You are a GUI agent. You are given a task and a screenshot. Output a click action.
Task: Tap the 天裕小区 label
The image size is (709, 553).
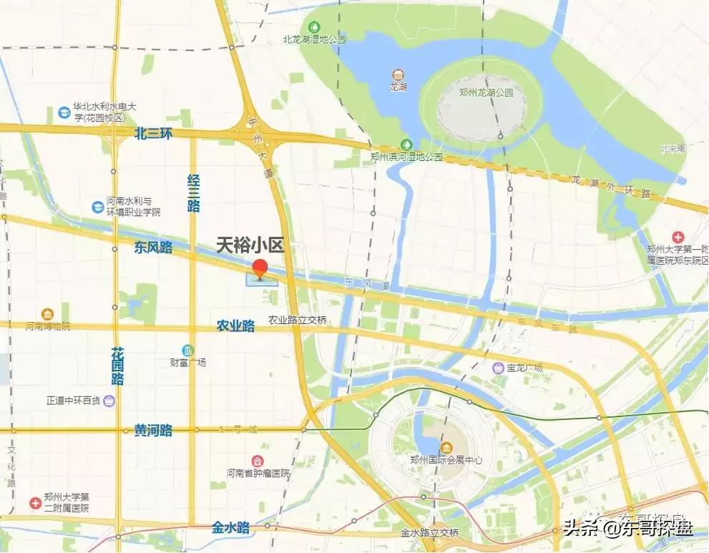pos(250,246)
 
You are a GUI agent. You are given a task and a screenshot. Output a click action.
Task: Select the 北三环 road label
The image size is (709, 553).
pos(153,133)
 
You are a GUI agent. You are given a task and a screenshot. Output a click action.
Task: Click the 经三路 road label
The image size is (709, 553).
pos(193,193)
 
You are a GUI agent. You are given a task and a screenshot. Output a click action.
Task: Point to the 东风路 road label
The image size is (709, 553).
pos(153,248)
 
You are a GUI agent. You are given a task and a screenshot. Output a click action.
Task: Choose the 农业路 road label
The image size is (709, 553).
pos(235,326)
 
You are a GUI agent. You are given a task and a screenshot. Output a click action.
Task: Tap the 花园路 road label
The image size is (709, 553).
pos(117,366)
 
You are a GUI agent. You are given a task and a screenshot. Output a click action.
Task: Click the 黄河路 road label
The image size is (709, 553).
pos(153,431)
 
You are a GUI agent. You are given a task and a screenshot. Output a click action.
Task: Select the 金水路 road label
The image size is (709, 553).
pos(230,528)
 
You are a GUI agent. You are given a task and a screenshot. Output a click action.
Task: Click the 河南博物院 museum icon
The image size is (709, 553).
pos(47,314)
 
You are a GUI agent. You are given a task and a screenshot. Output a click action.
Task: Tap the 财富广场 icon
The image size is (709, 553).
pos(187,350)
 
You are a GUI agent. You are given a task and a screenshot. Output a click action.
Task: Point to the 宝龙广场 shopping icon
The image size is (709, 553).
pos(498,368)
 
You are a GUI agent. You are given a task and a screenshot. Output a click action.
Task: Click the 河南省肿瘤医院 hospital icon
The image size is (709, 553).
pos(258,461)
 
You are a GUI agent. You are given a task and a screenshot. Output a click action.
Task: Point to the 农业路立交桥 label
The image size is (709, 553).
pos(298,320)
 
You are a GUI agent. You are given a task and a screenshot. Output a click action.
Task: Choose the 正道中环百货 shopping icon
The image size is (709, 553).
pos(109,400)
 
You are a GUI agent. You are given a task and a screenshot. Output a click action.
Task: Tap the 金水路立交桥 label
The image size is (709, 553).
pos(429,533)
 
